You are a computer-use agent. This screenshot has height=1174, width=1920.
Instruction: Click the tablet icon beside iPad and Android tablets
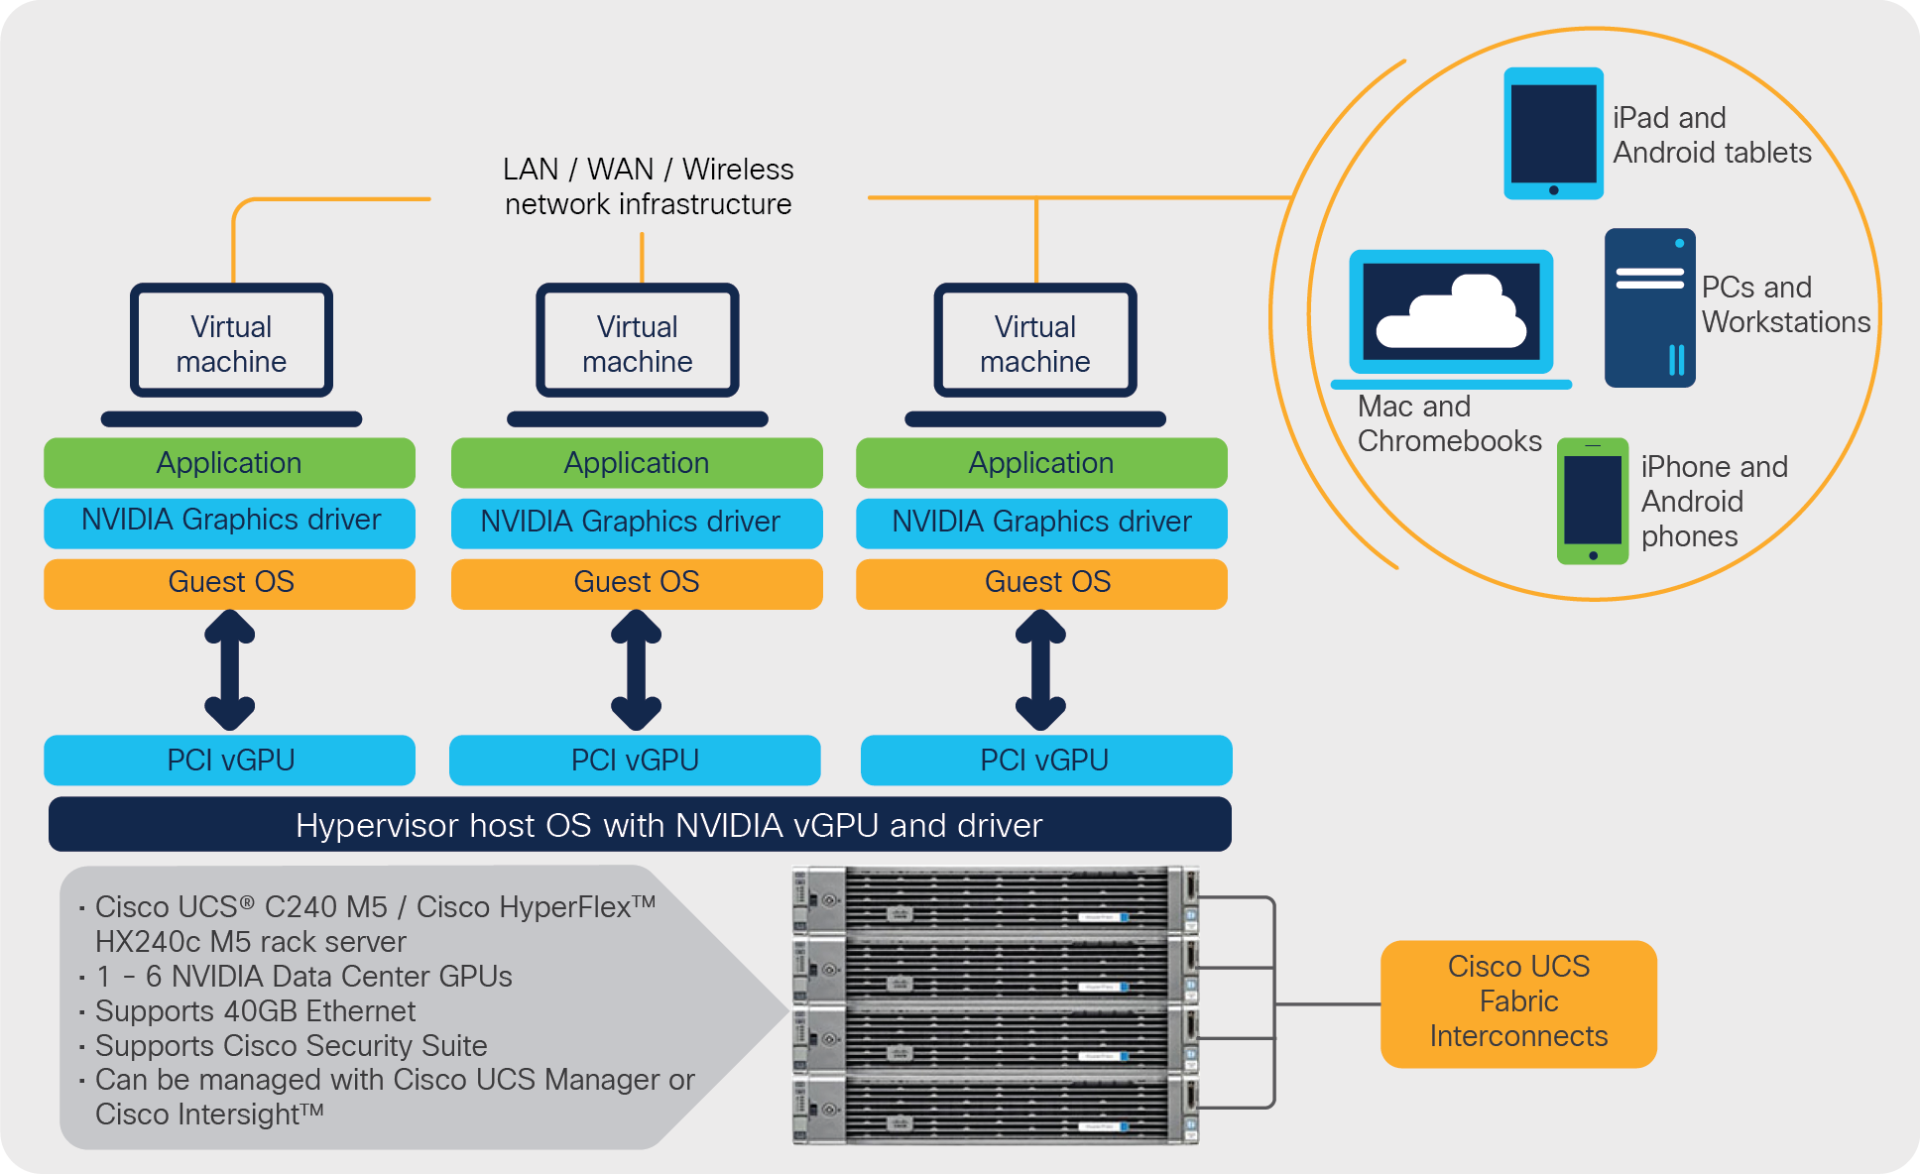pyautogui.click(x=1553, y=133)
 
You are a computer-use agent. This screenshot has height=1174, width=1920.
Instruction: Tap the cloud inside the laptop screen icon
pyautogui.click(x=1451, y=313)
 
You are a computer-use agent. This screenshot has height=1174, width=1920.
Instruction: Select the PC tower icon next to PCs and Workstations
pyautogui.click(x=1649, y=308)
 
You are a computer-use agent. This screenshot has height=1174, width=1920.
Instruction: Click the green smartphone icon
pyautogui.click(x=1592, y=501)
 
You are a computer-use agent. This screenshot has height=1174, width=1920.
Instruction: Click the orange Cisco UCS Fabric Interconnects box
pyautogui.click(x=1517, y=1002)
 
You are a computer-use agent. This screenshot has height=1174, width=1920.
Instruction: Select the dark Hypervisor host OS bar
pyautogui.click(x=640, y=824)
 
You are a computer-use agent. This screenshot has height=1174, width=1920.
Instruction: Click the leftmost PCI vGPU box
pyautogui.click(x=229, y=760)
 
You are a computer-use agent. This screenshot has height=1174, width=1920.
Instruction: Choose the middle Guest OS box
pyautogui.click(x=636, y=583)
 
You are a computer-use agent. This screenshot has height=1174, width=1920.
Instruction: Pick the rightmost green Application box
pyautogui.click(x=1041, y=463)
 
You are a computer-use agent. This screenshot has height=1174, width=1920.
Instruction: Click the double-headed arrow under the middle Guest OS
pyautogui.click(x=636, y=670)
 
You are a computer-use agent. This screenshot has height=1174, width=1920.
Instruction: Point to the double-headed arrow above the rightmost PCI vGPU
pyautogui.click(x=1040, y=670)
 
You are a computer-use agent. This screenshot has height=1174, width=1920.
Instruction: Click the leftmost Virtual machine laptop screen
pyautogui.click(x=231, y=341)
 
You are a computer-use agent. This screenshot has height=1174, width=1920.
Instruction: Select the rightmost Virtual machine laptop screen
pyautogui.click(x=1034, y=341)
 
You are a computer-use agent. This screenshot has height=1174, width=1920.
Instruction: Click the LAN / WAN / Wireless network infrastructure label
pyautogui.click(x=648, y=186)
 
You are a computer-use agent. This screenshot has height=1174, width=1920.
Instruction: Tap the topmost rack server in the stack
pyautogui.click(x=995, y=899)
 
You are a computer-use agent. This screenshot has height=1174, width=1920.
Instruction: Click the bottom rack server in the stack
pyautogui.click(x=995, y=1111)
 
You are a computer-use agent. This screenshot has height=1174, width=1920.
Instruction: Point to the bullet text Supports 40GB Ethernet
pyautogui.click(x=255, y=1011)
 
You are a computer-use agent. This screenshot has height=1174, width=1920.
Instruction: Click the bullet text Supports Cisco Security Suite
pyautogui.click(x=291, y=1046)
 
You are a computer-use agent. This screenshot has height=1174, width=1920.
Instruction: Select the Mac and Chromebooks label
pyautogui.click(x=1448, y=423)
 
